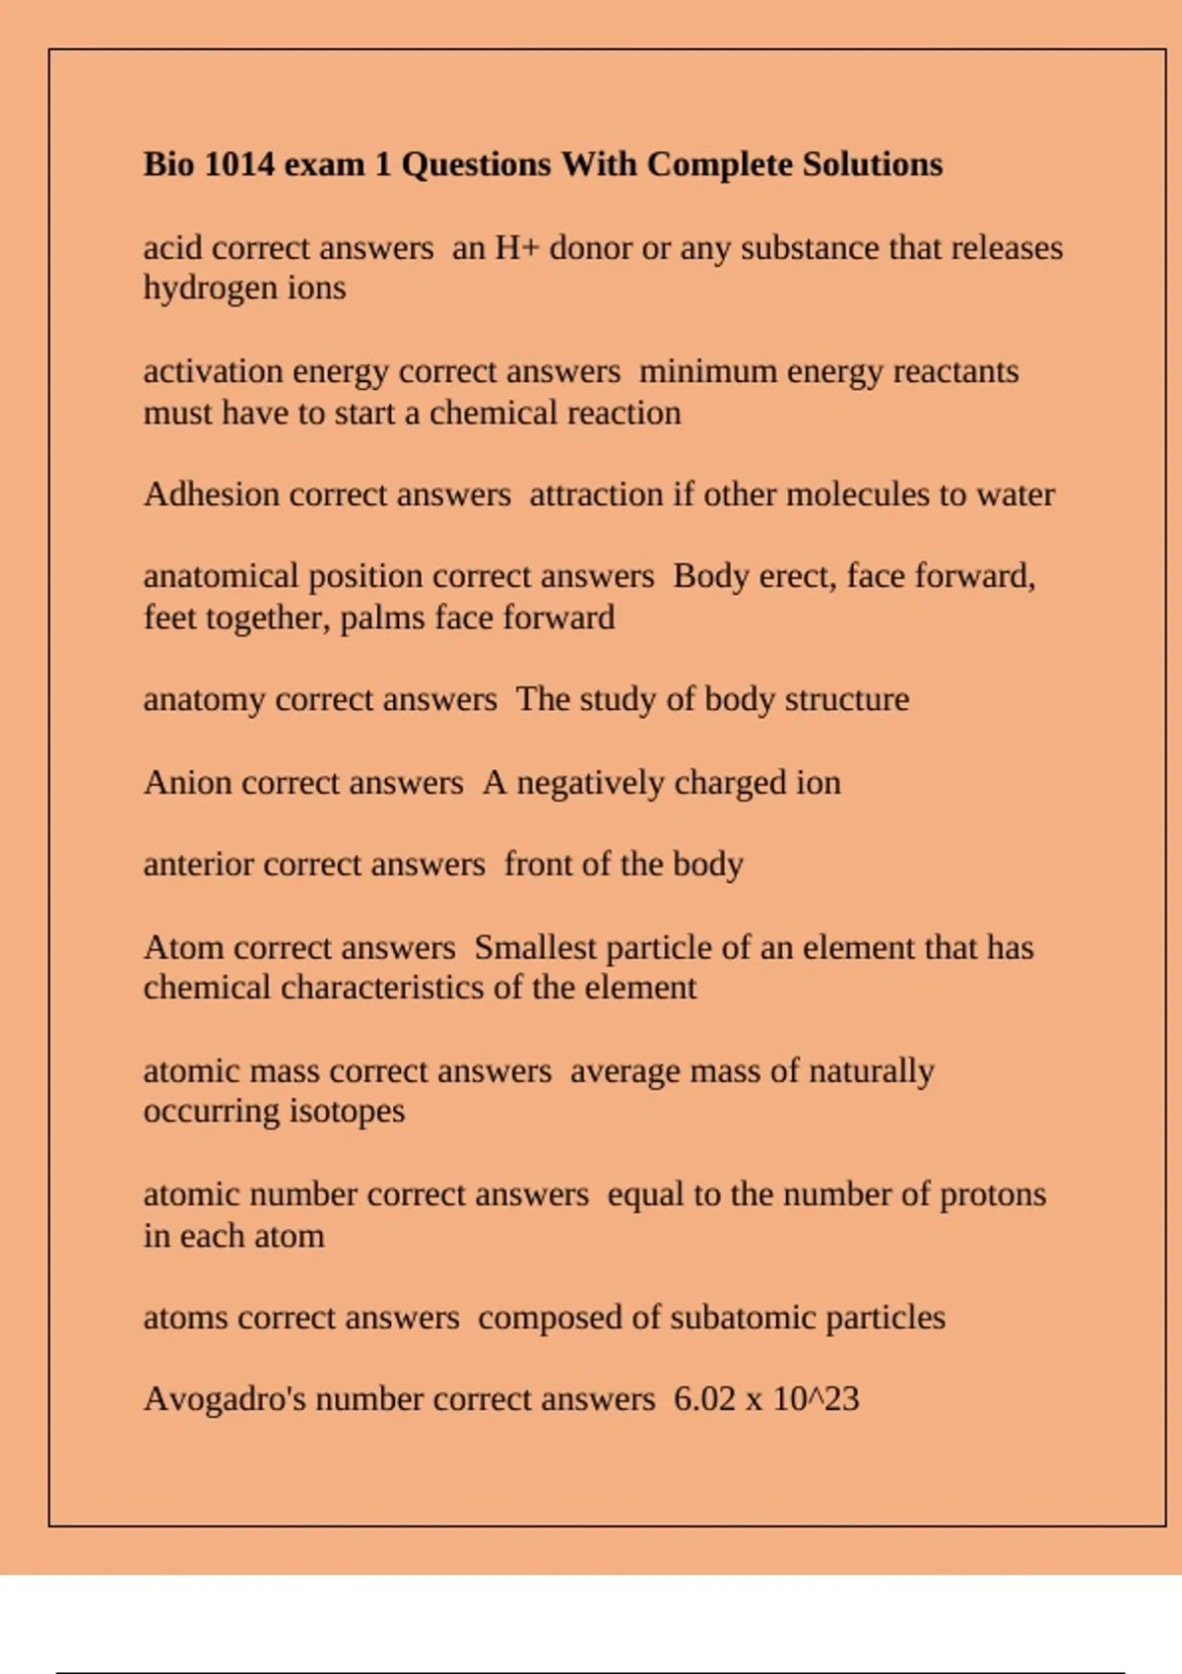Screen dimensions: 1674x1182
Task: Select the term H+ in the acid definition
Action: [x=516, y=248]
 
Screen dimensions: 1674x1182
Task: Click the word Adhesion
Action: [x=211, y=494]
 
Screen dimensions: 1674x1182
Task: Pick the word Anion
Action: [x=187, y=783]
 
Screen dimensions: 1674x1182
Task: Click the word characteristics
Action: [x=381, y=988]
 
